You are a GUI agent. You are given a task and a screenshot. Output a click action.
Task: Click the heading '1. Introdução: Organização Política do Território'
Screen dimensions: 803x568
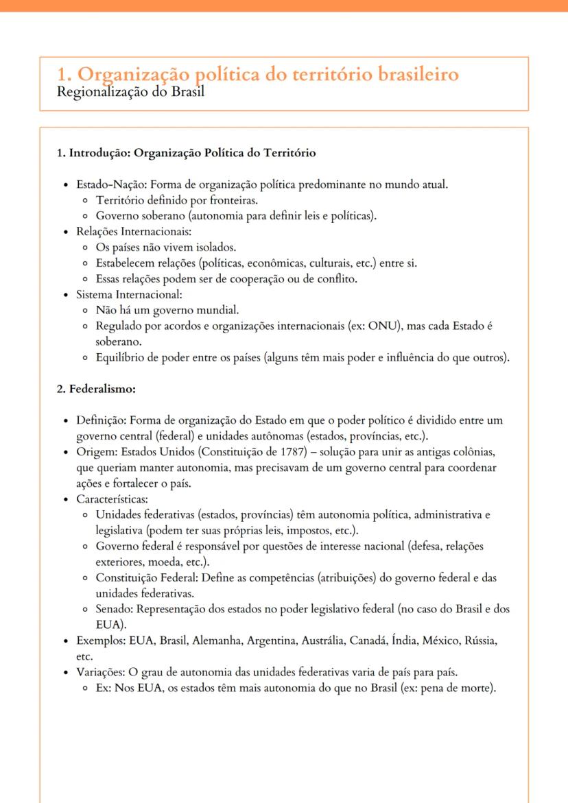[186, 154]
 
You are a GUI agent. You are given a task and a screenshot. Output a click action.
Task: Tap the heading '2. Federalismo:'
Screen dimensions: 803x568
[96, 389]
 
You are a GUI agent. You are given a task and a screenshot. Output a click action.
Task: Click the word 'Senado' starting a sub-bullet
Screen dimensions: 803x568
[113, 609]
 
